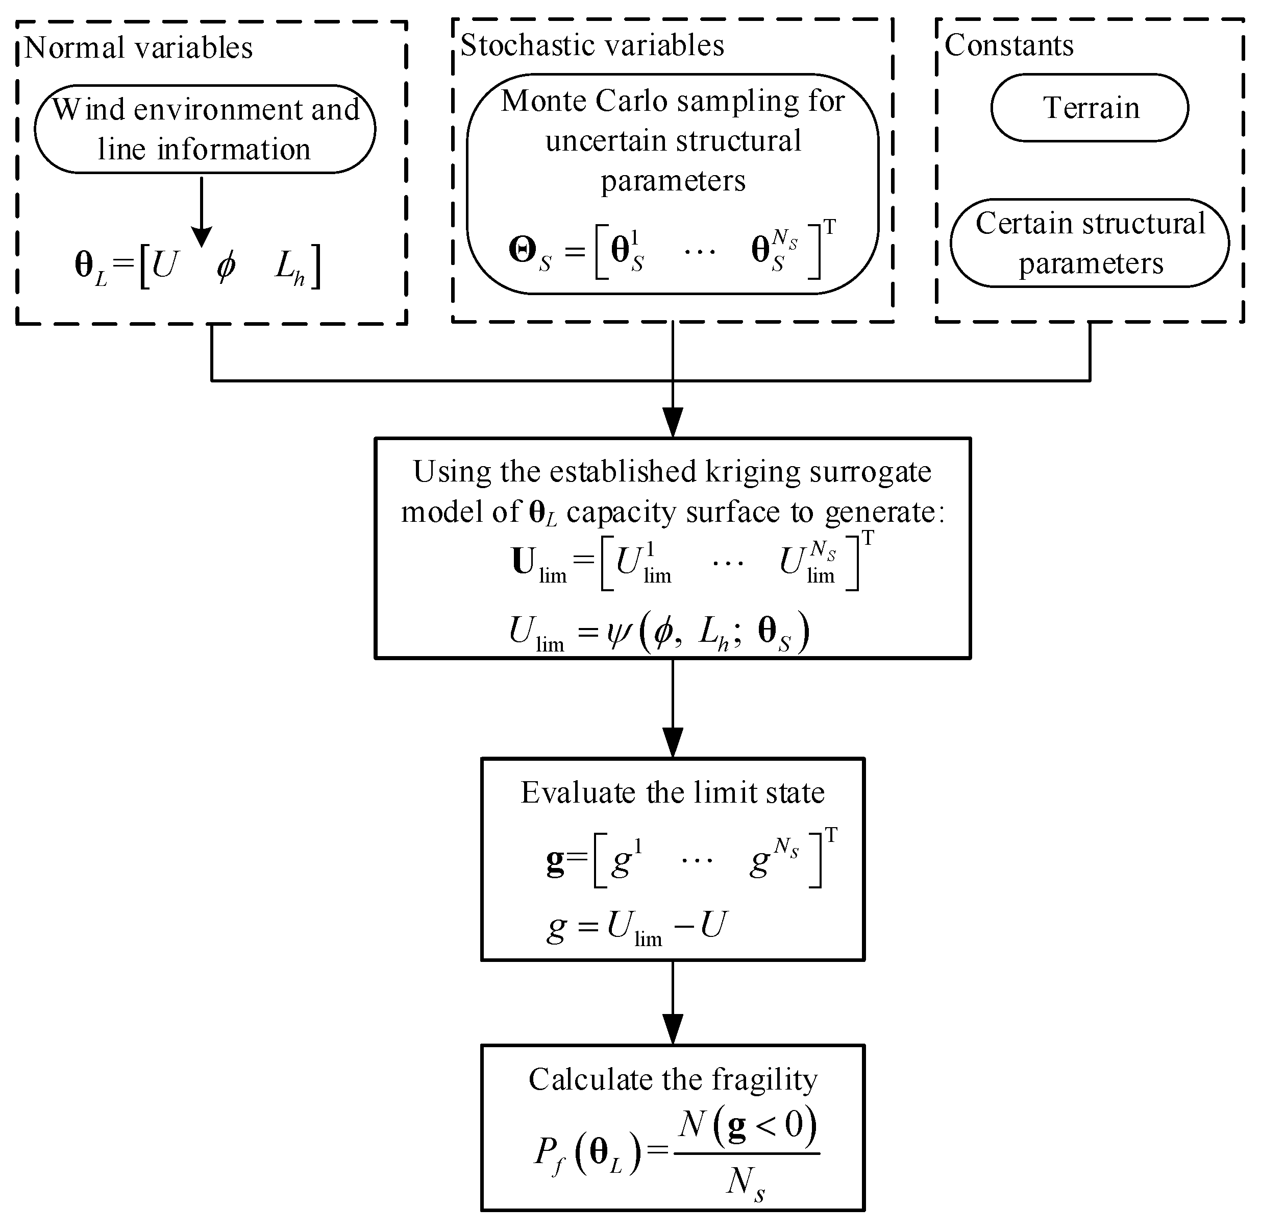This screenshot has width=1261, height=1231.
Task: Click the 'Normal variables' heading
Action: tap(138, 48)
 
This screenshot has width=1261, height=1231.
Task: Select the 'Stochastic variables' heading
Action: tap(591, 45)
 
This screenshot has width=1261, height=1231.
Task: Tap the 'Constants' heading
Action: tap(1009, 45)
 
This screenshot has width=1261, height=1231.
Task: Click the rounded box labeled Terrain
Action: tap(1090, 107)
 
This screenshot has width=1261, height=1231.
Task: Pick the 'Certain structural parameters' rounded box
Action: tap(1090, 243)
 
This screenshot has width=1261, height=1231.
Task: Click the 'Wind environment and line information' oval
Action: tap(204, 129)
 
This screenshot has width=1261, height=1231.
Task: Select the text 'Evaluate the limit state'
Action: tap(672, 792)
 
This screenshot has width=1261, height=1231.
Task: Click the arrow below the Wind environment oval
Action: tap(202, 213)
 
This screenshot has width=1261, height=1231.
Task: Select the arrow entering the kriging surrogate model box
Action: tap(673, 414)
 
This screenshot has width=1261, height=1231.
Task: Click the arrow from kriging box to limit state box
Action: tap(673, 711)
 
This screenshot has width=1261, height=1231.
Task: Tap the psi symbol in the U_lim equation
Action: tap(619, 632)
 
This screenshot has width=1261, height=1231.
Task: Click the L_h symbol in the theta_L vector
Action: tap(289, 267)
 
